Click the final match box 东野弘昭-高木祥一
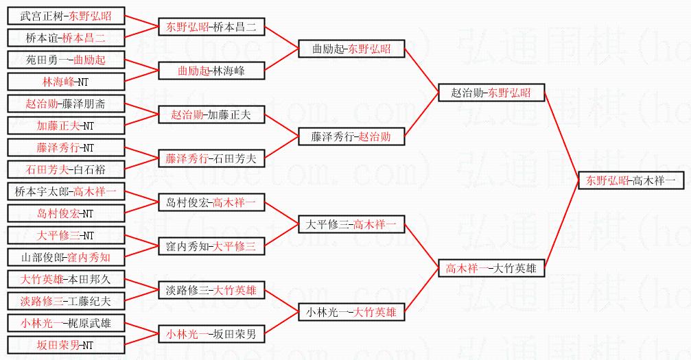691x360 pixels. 630,181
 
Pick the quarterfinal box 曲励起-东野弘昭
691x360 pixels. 351,49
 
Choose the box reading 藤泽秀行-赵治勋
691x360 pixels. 351,136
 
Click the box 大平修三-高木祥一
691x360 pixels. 351,225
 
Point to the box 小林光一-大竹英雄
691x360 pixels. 351,313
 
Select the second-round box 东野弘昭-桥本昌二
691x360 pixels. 211,27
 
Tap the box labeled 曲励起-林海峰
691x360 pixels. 211,71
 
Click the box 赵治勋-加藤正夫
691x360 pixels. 211,115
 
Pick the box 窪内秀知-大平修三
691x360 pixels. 211,246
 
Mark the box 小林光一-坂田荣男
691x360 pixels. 211,335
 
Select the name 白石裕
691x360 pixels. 91,169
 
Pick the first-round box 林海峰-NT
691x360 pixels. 66,82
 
